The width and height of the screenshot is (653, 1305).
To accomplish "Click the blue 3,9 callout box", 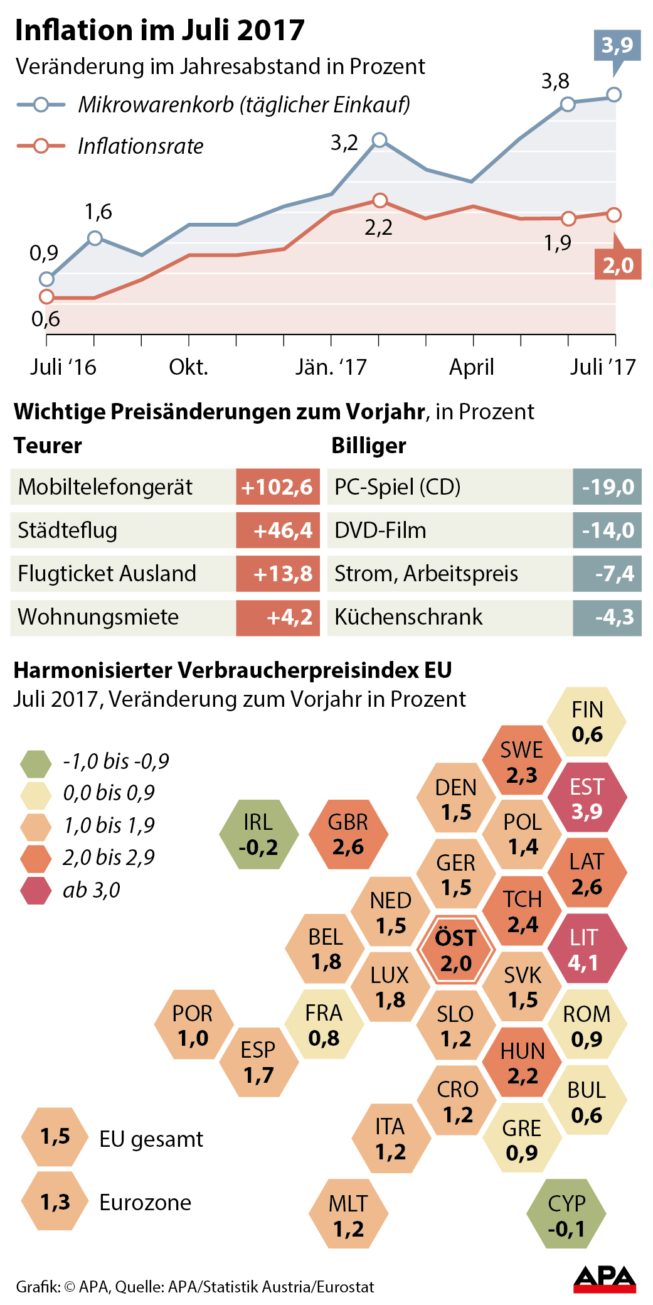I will pyautogui.click(x=617, y=45).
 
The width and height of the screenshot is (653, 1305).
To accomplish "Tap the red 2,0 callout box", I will pyautogui.click(x=618, y=265).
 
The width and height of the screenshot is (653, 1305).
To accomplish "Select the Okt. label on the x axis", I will pyautogui.click(x=188, y=367).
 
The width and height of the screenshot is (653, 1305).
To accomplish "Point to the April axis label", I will pyautogui.click(x=472, y=367).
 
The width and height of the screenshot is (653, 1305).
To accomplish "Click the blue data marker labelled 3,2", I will pyautogui.click(x=380, y=140).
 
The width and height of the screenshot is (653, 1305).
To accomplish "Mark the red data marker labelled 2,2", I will pyautogui.click(x=380, y=201).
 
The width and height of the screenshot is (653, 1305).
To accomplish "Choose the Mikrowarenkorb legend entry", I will pyautogui.click(x=243, y=105).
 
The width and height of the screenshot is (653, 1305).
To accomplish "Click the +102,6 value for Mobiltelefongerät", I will pyautogui.click(x=277, y=487).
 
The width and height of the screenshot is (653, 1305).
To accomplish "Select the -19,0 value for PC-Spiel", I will pyautogui.click(x=607, y=487).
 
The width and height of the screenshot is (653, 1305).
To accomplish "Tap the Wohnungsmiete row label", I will pyautogui.click(x=98, y=617).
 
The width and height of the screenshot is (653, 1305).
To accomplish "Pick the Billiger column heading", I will pyautogui.click(x=369, y=446).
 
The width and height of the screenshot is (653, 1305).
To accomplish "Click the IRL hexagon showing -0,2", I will pyautogui.click(x=259, y=834).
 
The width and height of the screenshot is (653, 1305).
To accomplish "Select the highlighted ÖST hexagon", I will pyautogui.click(x=456, y=950).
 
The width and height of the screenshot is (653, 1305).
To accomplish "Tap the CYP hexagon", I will pyautogui.click(x=566, y=1215).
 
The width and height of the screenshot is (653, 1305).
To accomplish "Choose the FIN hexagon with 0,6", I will pyautogui.click(x=587, y=721).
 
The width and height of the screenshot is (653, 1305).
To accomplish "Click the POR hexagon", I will pyautogui.click(x=193, y=1025).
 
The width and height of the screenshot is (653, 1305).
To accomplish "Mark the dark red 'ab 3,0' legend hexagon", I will pyautogui.click(x=36, y=890).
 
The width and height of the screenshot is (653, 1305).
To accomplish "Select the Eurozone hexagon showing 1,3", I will pyautogui.click(x=55, y=1201).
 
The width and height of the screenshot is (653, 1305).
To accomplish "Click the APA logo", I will pyautogui.click(x=605, y=1279).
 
